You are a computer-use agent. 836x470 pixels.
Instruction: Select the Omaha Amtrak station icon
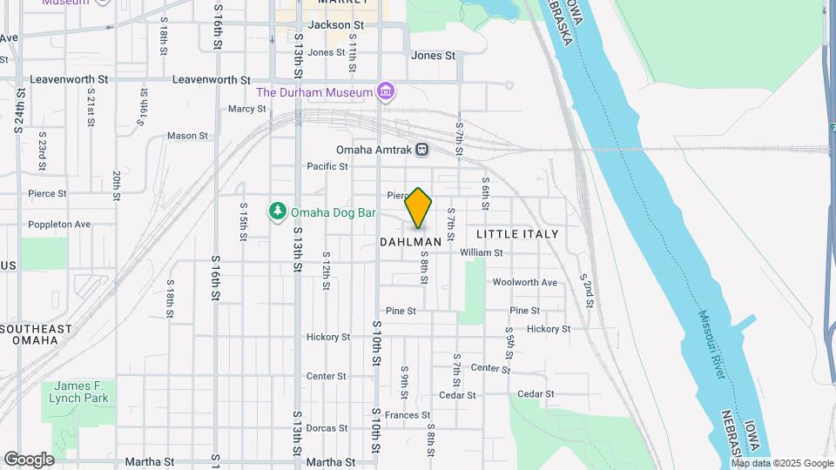[x=421, y=149]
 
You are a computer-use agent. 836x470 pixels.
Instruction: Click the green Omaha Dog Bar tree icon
[x=278, y=211]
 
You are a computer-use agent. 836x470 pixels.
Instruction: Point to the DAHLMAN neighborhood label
[x=411, y=242]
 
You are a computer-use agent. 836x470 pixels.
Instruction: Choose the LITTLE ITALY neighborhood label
[x=517, y=234]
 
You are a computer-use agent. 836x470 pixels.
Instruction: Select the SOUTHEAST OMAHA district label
[x=36, y=334]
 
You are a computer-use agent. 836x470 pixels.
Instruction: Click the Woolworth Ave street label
[x=524, y=282]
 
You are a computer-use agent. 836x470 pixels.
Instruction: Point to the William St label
[x=482, y=252]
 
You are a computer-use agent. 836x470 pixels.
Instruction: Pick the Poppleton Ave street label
[x=59, y=224]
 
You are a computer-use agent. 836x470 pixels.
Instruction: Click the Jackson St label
[x=335, y=25]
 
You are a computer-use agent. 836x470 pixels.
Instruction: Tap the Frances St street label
[x=408, y=415]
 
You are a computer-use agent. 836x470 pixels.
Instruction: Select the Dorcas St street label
[x=327, y=428]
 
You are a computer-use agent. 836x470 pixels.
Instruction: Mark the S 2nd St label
[x=589, y=291]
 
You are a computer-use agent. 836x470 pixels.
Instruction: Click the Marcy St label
[x=246, y=109]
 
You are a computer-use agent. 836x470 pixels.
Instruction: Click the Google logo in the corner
[x=29, y=460]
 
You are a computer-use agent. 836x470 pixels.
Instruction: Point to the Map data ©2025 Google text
[x=782, y=463]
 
